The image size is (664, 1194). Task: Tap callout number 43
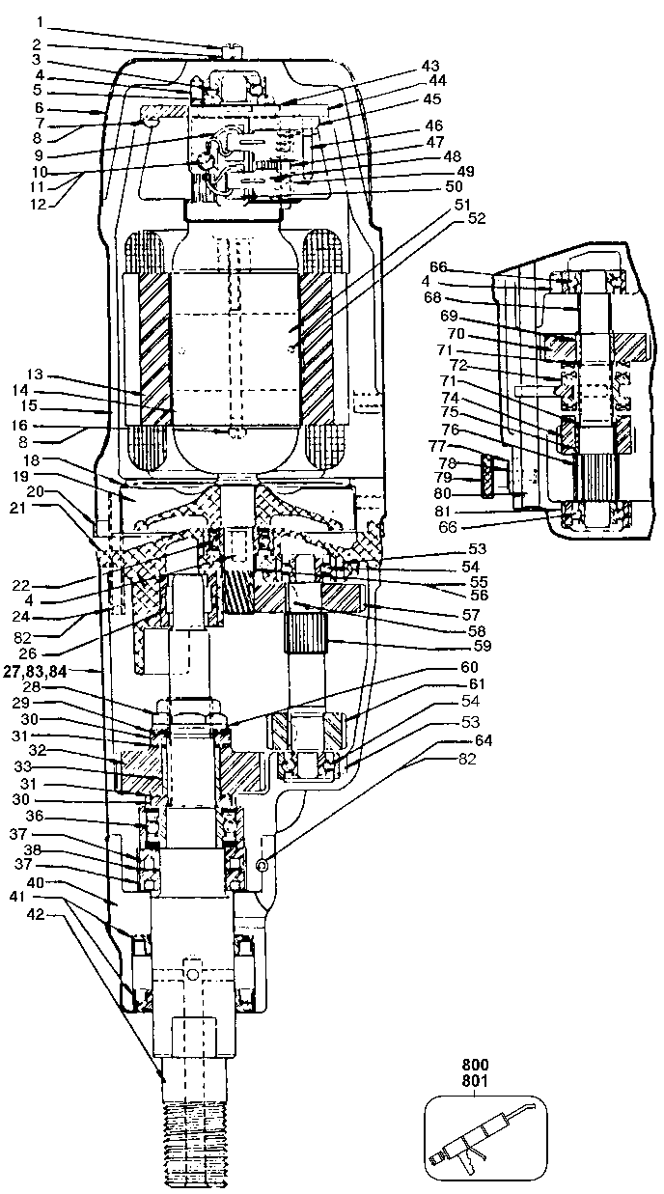pyautogui.click(x=430, y=66)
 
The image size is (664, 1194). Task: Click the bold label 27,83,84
pyautogui.click(x=35, y=672)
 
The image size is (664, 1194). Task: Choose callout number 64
pyautogui.click(x=483, y=740)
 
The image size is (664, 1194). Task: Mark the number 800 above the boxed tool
pyautogui.click(x=474, y=1066)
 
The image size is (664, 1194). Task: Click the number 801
pyautogui.click(x=474, y=1080)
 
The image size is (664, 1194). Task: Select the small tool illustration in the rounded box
pyautogui.click(x=485, y=1135)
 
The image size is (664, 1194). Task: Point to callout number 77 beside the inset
pyautogui.click(x=439, y=445)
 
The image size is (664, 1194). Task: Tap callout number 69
pyautogui.click(x=448, y=316)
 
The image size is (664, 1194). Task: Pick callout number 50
pyautogui.click(x=454, y=186)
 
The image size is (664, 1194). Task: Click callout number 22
pyautogui.click(x=21, y=585)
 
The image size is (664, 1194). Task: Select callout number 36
pyautogui.click(x=35, y=816)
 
